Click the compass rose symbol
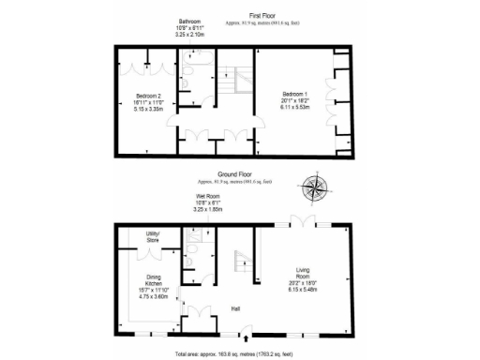click(x=316, y=188)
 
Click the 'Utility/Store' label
click(x=153, y=235)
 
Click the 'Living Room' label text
click(x=299, y=275)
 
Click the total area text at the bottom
click(x=239, y=354)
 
